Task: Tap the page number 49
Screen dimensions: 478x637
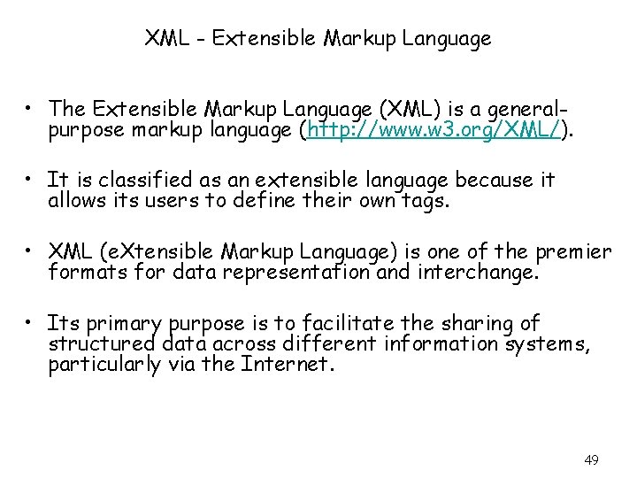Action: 592,459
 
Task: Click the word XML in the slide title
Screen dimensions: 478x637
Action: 164,39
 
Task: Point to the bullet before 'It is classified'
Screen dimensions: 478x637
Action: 31,181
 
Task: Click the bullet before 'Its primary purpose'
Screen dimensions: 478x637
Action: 31,324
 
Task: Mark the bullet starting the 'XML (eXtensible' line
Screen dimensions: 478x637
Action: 31,253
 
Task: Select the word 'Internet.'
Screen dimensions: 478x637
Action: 288,364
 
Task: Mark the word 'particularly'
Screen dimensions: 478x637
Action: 104,364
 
